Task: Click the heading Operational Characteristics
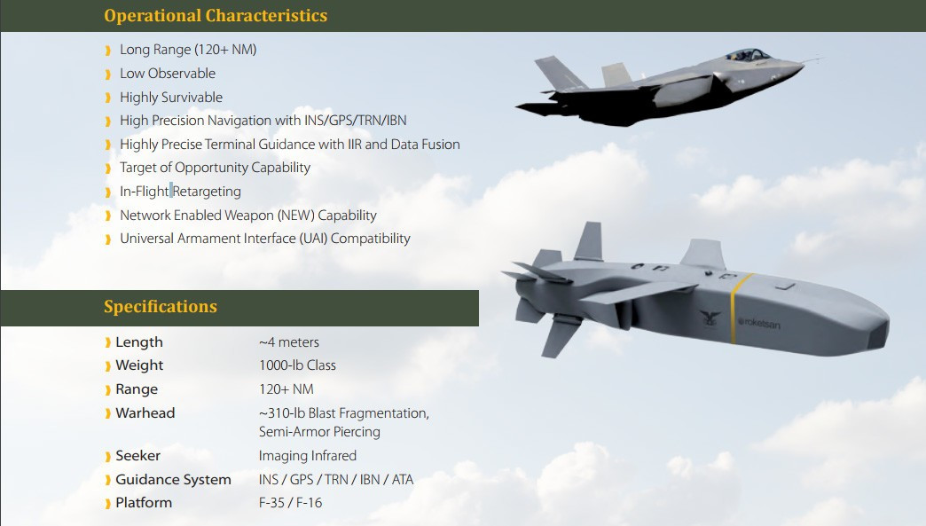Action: [216, 15]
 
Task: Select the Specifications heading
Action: [161, 306]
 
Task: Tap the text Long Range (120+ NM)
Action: [188, 50]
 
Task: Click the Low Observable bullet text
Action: [168, 74]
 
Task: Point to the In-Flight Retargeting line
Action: [180, 192]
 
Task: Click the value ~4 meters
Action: [289, 342]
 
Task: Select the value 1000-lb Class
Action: [297, 365]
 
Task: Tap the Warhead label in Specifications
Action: [145, 412]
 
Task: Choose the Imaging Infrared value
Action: [308, 456]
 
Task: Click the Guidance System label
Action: [173, 479]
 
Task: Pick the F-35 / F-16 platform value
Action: [291, 502]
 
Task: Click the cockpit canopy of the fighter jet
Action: [749, 55]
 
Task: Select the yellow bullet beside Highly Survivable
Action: [108, 98]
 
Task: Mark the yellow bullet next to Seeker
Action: [108, 456]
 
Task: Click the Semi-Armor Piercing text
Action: [319, 432]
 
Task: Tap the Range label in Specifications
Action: [137, 389]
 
